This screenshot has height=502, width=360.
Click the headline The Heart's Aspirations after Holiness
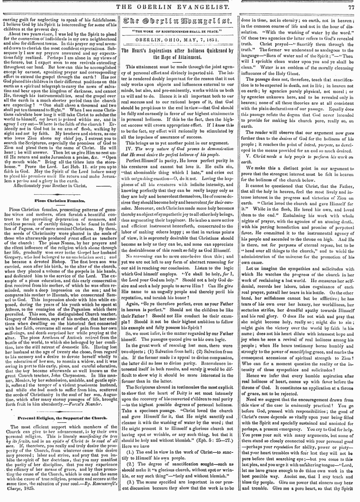click(x=181, y=54)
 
